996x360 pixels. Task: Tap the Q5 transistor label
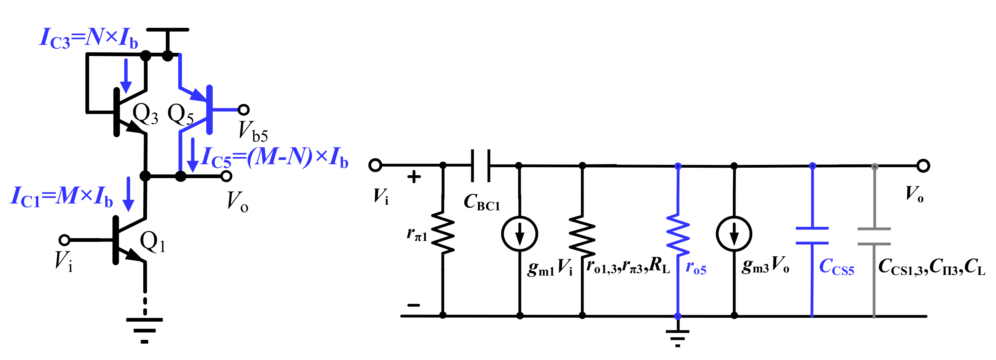click(180, 114)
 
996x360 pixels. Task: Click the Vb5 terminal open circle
click(243, 110)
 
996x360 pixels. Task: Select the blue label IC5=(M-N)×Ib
click(275, 157)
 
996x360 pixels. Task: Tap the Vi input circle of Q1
click(64, 240)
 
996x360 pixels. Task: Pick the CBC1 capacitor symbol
click(481, 165)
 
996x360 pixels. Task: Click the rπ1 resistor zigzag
click(443, 233)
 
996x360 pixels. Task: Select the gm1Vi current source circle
click(519, 234)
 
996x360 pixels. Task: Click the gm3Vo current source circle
click(734, 234)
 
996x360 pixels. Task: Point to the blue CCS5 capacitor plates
click(812, 235)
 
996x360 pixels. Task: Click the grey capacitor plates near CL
click(874, 236)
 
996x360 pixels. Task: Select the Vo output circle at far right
click(923, 166)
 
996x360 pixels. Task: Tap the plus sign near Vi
click(414, 177)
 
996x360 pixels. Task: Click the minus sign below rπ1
click(413, 305)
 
